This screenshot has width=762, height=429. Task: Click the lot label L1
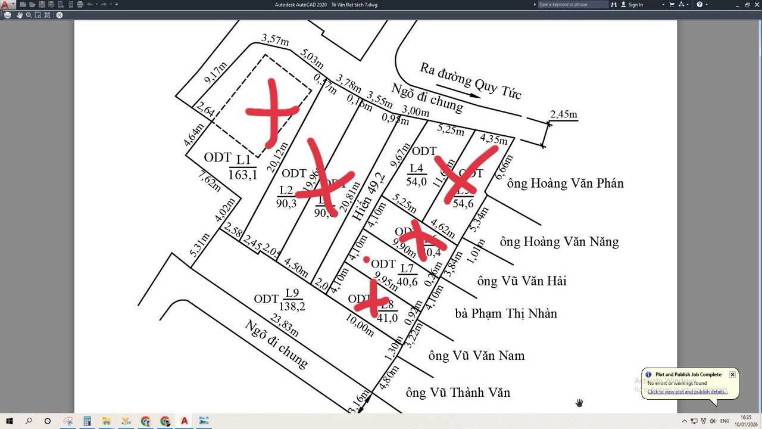(x=243, y=159)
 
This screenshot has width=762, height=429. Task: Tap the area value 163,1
(x=243, y=174)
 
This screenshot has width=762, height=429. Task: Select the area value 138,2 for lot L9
(x=292, y=306)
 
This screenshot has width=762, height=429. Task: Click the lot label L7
(x=407, y=268)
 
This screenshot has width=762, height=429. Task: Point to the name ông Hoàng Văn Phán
(x=565, y=184)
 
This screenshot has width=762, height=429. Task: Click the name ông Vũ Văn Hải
(x=521, y=281)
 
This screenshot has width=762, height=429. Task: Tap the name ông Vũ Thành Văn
(x=458, y=393)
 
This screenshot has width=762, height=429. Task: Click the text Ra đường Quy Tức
(x=470, y=80)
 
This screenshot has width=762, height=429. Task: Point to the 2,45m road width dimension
(x=564, y=114)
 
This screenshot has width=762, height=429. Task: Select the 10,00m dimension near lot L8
(x=360, y=326)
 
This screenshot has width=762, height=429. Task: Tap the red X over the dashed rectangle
(x=272, y=111)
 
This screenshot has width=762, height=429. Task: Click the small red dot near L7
(x=366, y=259)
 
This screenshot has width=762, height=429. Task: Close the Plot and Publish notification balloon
(x=732, y=375)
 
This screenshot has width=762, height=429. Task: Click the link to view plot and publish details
(x=687, y=391)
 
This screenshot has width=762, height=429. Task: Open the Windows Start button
(x=10, y=421)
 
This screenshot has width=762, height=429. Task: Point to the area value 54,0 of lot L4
(x=417, y=182)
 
